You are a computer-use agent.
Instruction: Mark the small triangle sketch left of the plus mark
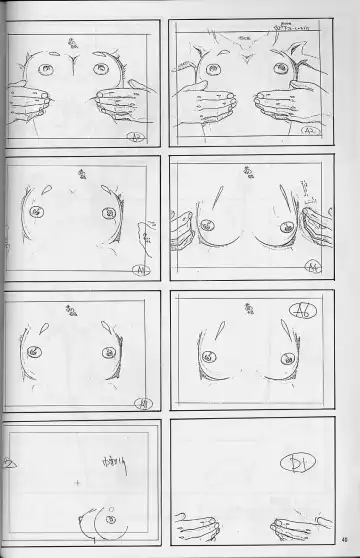(x=10, y=466)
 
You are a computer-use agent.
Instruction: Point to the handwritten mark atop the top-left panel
(x=73, y=41)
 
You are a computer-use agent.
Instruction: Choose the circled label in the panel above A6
(x=314, y=267)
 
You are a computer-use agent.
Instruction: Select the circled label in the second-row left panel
(x=137, y=269)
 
